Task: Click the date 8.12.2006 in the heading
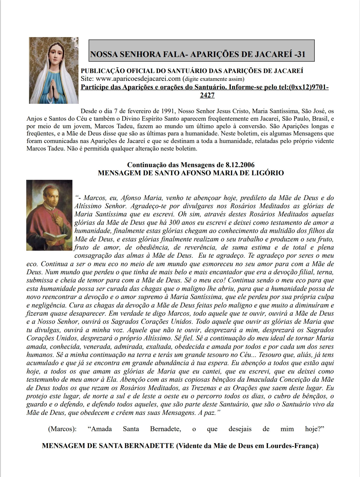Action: click(240, 165)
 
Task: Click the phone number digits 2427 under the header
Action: click(207, 95)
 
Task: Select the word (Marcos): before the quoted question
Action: click(62, 429)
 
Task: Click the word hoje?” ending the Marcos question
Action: click(315, 429)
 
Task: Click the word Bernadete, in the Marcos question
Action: click(166, 429)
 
